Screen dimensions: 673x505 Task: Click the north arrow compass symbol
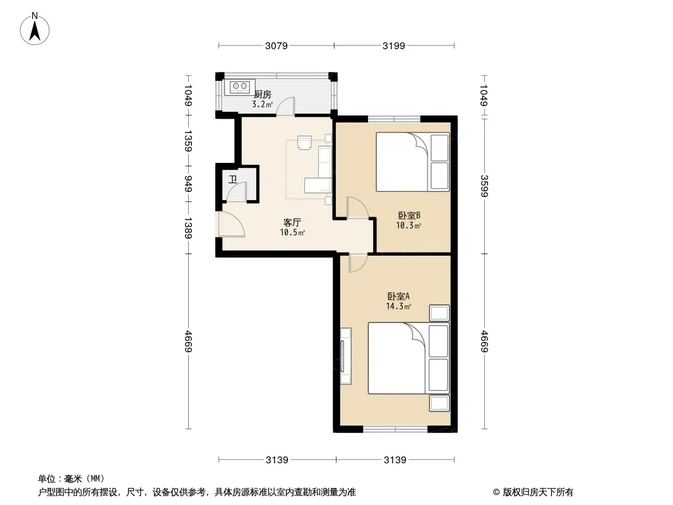(x=35, y=28)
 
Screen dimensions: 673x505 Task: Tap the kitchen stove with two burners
(x=239, y=87)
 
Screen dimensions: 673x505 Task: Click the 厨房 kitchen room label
(x=262, y=95)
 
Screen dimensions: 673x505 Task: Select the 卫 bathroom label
(x=232, y=179)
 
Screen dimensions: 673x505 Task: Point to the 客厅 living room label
(x=292, y=223)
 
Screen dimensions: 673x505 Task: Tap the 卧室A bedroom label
(x=398, y=296)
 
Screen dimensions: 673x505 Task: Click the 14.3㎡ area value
(x=398, y=306)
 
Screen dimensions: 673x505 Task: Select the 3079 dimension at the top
(x=276, y=45)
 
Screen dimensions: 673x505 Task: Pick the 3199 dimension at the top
(x=393, y=45)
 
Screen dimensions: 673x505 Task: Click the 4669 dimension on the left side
(x=188, y=341)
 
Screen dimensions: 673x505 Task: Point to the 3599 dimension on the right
(x=484, y=186)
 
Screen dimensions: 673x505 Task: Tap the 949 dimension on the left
(x=188, y=184)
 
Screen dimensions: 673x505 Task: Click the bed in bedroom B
(x=412, y=162)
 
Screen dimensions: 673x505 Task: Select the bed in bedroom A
(x=408, y=359)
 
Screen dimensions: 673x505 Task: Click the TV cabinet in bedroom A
(x=345, y=356)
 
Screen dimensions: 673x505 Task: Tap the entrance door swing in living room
(x=231, y=224)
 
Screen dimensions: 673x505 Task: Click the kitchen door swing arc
(x=285, y=106)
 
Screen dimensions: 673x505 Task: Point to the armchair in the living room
(x=304, y=143)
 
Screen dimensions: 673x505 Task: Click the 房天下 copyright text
(x=533, y=492)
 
